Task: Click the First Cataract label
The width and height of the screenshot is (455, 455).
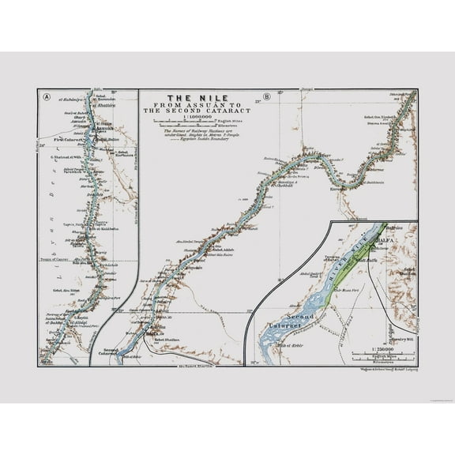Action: tap(69, 140)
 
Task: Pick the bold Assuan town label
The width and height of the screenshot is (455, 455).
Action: tap(103, 132)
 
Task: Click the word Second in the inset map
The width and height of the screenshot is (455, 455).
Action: tap(301, 316)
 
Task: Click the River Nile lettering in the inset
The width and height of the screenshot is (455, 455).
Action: tap(345, 261)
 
